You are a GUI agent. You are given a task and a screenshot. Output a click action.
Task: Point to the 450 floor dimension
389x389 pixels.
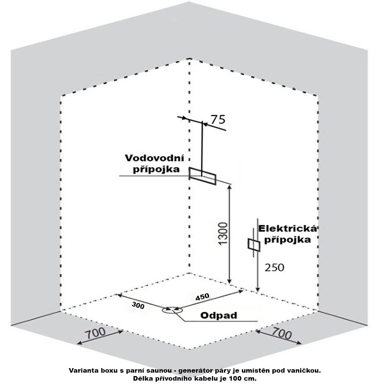click(x=203, y=297)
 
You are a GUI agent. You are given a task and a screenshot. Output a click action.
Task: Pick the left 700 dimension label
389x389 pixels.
click(x=95, y=334)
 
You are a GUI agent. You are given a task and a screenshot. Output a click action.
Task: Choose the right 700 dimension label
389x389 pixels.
click(x=282, y=334)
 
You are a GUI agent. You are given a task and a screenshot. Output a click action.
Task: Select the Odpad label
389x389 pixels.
click(x=218, y=315)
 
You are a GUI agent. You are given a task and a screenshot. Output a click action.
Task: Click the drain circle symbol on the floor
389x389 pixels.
click(x=170, y=310)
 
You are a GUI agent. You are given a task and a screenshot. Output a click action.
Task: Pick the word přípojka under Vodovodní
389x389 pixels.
click(x=156, y=169)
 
